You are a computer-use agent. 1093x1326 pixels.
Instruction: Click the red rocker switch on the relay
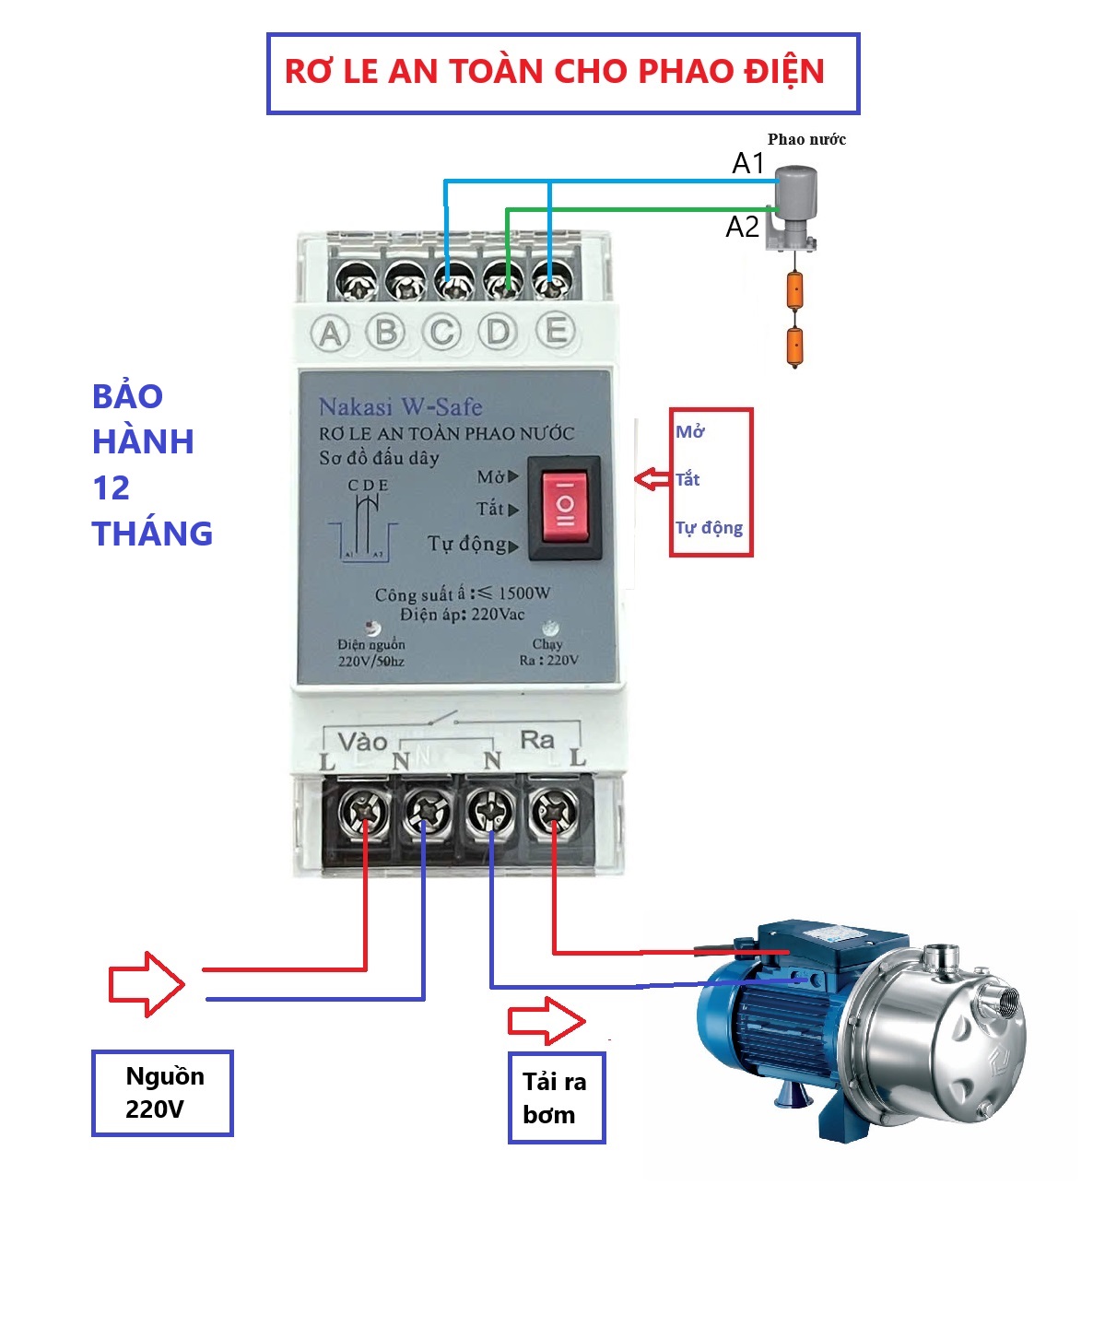(564, 506)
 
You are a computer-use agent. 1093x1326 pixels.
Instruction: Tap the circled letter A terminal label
(331, 333)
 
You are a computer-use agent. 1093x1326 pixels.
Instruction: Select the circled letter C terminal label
(442, 332)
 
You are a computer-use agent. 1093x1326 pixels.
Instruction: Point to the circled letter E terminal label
(556, 330)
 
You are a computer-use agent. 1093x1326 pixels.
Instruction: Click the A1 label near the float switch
(748, 164)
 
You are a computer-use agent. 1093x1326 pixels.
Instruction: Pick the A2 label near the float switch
(743, 227)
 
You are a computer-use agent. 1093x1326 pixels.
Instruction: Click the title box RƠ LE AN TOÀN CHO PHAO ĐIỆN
(562, 74)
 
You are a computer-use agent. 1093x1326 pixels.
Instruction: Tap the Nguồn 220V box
(162, 1093)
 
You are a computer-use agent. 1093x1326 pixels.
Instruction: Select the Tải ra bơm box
(556, 1098)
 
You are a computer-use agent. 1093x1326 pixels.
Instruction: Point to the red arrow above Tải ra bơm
(546, 1021)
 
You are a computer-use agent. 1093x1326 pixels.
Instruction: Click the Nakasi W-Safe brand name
(400, 406)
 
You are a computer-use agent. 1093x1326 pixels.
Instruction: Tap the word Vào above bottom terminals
(361, 742)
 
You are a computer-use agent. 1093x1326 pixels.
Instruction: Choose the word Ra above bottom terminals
(536, 739)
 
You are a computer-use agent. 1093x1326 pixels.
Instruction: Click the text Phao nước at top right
(806, 140)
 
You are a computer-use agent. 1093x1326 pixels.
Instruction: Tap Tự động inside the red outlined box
(709, 528)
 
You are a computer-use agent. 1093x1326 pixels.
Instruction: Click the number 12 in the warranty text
(112, 487)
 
